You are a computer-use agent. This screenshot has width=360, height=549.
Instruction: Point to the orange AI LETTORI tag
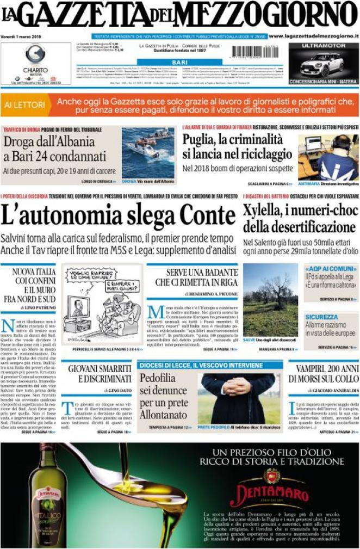pyautogui.click(x=24, y=103)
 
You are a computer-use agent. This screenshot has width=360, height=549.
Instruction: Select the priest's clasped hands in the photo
pyautogui.click(x=238, y=386)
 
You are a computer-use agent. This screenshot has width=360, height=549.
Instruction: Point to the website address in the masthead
pyautogui.click(x=313, y=36)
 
